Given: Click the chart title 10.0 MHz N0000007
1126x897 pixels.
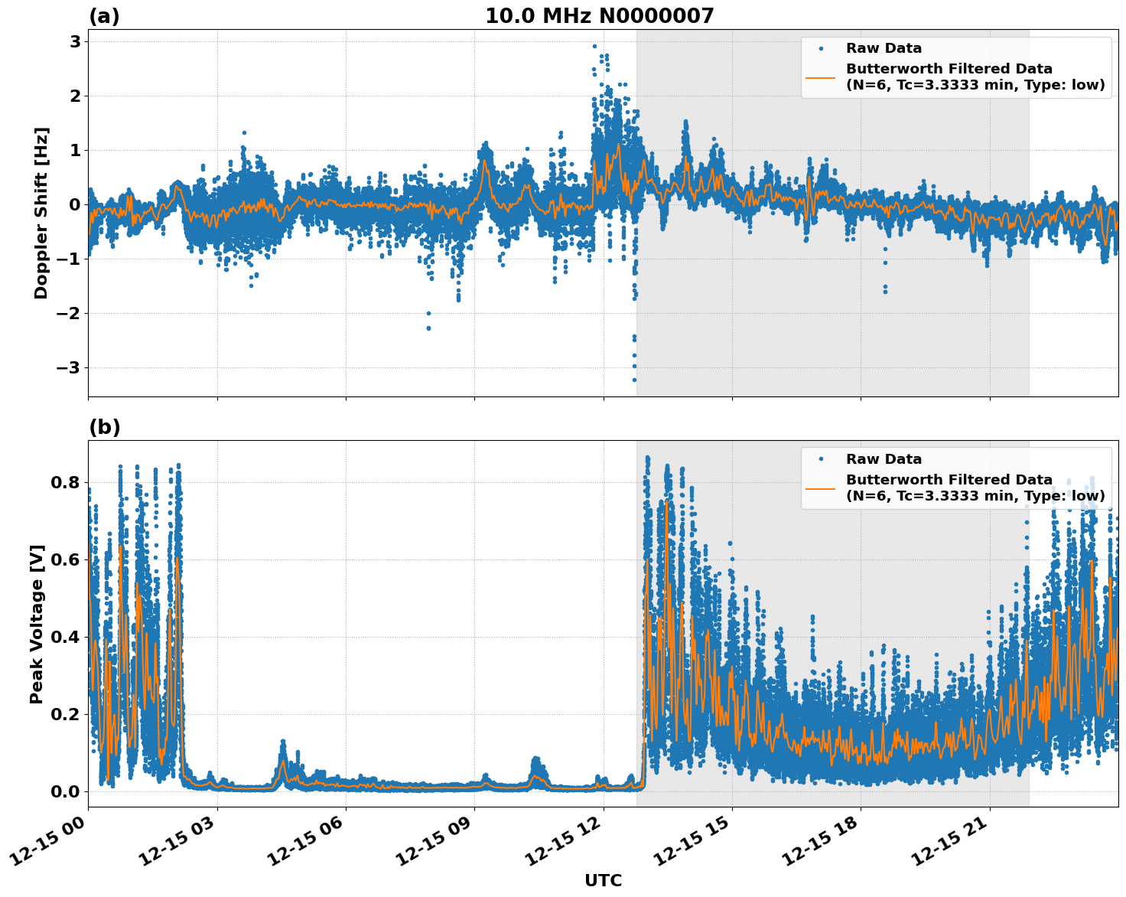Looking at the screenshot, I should (x=599, y=16).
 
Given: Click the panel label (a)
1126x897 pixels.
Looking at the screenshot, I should (x=104, y=16).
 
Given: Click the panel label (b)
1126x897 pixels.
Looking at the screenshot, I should (x=104, y=427).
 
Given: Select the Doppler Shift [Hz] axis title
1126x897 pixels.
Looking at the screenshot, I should (x=41, y=213).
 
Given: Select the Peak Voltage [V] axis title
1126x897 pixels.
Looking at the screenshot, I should (x=37, y=624).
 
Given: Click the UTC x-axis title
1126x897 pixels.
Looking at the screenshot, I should (x=603, y=880).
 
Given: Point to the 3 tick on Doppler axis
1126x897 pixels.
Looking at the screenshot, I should (x=75, y=41).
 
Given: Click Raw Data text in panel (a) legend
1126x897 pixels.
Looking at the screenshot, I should (x=884, y=48).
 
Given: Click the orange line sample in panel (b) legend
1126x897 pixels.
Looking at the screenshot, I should (x=821, y=488).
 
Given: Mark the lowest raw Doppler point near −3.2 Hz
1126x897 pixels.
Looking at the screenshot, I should (x=634, y=380).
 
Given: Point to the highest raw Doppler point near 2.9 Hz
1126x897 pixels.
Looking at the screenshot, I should (x=594, y=46).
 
